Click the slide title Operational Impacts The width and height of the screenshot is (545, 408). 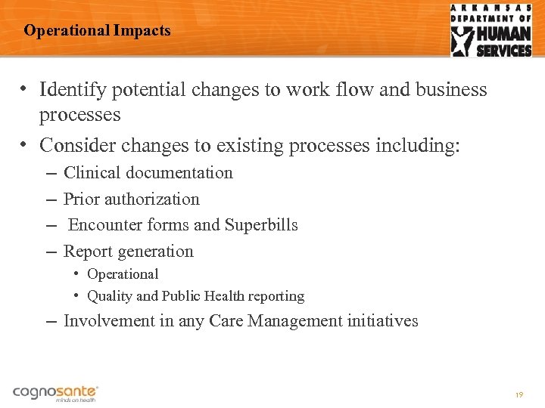click(97, 31)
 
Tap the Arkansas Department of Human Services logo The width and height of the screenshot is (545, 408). click(491, 30)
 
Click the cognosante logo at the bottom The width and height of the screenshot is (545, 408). click(55, 393)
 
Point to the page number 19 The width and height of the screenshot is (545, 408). click(519, 395)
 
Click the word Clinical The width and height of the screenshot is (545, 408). click(92, 173)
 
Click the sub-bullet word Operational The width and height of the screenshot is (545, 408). click(123, 274)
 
